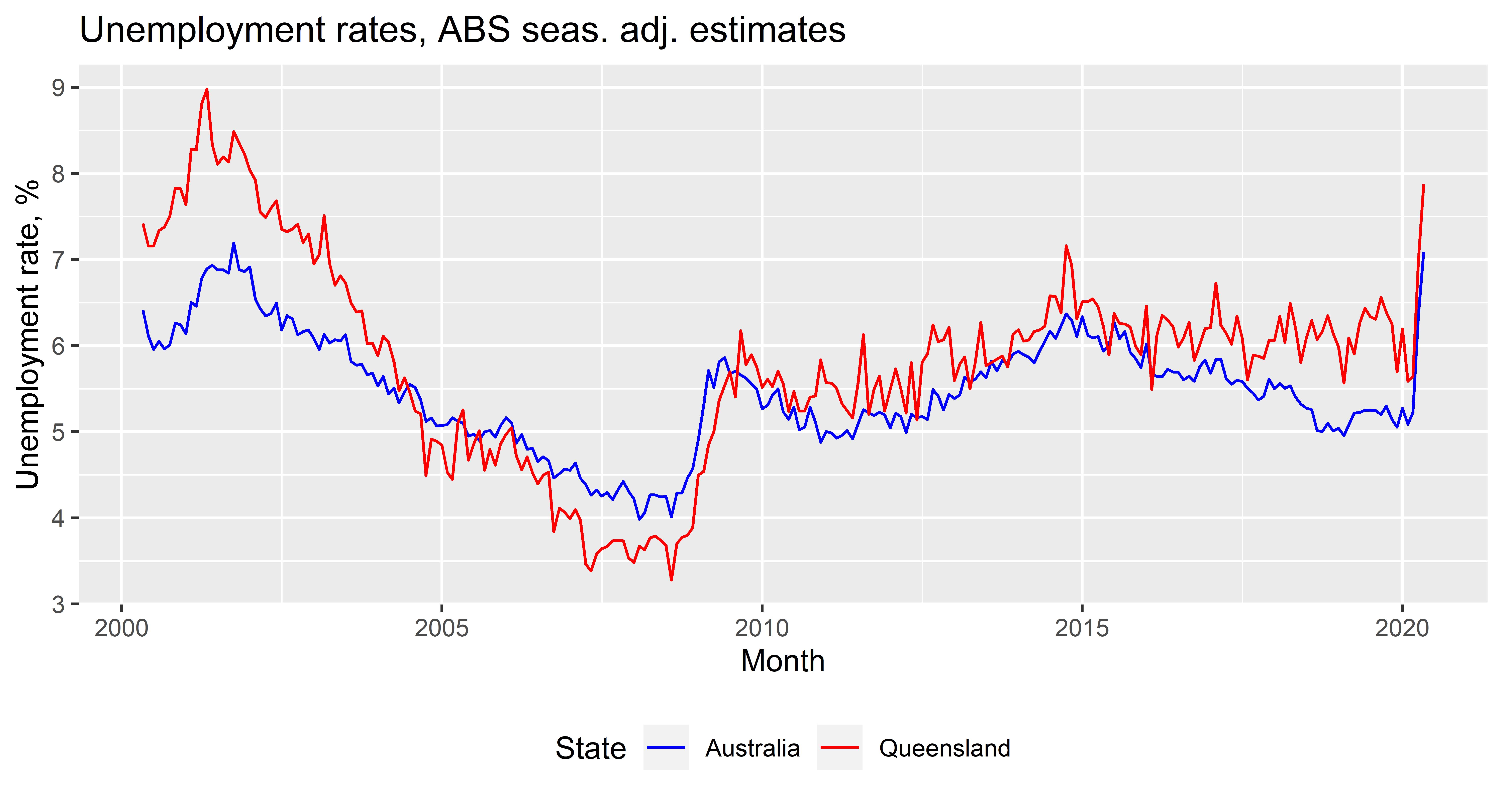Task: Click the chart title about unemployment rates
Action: (x=462, y=30)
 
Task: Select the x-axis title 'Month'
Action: (x=782, y=661)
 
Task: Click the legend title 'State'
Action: (x=590, y=748)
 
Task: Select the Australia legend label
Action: (x=752, y=748)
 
